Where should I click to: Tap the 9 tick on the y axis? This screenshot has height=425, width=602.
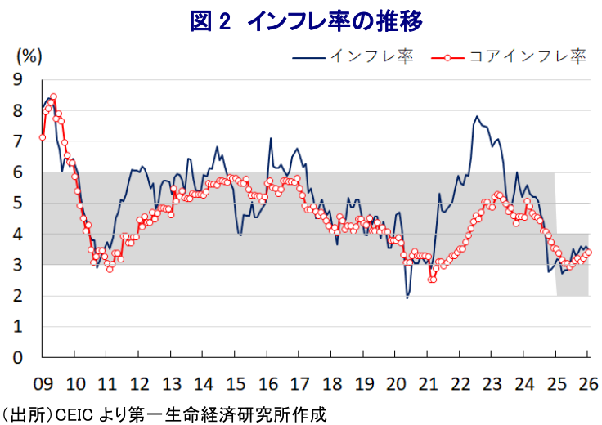tap(17, 79)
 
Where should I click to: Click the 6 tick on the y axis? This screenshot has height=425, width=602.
tap(17, 172)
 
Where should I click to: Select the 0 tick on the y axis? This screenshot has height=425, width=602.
tap(17, 358)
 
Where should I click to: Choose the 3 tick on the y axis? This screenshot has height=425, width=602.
tap(17, 265)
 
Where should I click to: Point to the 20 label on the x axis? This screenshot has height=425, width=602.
tap(395, 383)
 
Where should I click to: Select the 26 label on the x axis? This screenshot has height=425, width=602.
tap(587, 383)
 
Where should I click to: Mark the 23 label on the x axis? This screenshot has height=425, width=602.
tap(491, 383)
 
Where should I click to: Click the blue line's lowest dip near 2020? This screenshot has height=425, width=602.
tap(407, 298)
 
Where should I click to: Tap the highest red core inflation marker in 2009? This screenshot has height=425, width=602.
tap(53, 96)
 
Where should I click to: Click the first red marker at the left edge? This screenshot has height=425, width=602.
tap(42, 137)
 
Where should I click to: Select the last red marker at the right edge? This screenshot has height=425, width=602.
tap(589, 252)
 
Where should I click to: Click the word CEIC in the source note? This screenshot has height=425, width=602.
tap(71, 414)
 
